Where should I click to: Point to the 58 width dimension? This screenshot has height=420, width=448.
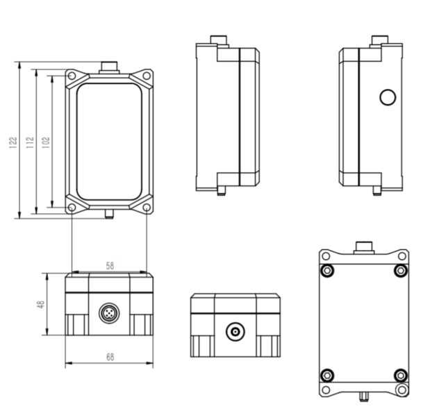110,265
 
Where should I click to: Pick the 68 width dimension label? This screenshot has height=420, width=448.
110,357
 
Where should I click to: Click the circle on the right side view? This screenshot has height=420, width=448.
388,97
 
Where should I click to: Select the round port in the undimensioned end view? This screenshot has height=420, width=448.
235,333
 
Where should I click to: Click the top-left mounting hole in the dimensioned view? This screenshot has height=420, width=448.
72,74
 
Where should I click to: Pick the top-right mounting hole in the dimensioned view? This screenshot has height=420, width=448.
147,74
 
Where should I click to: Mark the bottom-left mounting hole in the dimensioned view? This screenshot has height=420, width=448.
72,207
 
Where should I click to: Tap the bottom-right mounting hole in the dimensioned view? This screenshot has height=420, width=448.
147,207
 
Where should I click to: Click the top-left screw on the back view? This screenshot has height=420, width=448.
326,270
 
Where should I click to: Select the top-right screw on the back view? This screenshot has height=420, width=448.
400,270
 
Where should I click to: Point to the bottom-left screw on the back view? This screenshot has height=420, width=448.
326,376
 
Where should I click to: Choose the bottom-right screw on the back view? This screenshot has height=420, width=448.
400,376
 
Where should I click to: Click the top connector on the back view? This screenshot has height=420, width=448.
363,246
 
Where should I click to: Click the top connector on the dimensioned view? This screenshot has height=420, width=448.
109,67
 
